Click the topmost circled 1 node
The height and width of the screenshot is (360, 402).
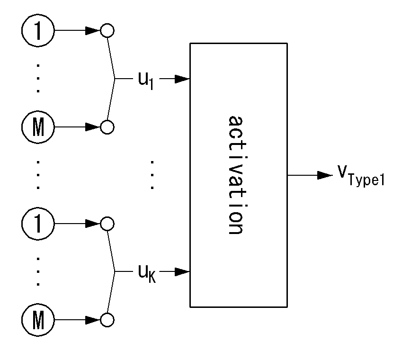pos(38,30)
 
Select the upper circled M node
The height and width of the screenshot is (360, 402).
pos(38,127)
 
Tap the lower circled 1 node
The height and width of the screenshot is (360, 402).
pos(38,224)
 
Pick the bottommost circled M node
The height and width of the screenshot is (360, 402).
pos(38,320)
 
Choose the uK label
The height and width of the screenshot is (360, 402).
pos(147,274)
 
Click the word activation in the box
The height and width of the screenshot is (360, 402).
pos(236,175)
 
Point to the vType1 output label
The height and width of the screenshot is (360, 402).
pos(361,176)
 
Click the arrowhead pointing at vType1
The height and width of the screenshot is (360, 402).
pos(325,175)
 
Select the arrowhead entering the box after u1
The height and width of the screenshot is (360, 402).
pos(182,79)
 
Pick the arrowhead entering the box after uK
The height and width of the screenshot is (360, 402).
pos(182,271)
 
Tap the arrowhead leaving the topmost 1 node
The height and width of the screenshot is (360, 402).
pos(93,30)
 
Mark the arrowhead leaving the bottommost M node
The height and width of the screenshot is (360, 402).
pos(93,320)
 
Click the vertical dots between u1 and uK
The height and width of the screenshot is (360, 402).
pos(152,175)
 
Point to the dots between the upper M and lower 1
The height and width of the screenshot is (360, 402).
pos(38,175)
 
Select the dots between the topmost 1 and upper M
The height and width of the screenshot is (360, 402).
pos(38,79)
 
